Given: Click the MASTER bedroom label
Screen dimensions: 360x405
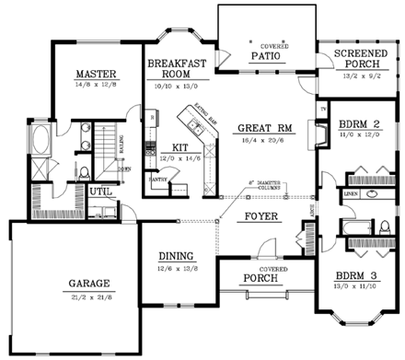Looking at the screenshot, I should (94, 74).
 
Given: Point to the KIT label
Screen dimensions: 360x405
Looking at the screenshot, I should (180, 147).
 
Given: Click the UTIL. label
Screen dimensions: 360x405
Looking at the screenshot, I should (100, 192).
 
